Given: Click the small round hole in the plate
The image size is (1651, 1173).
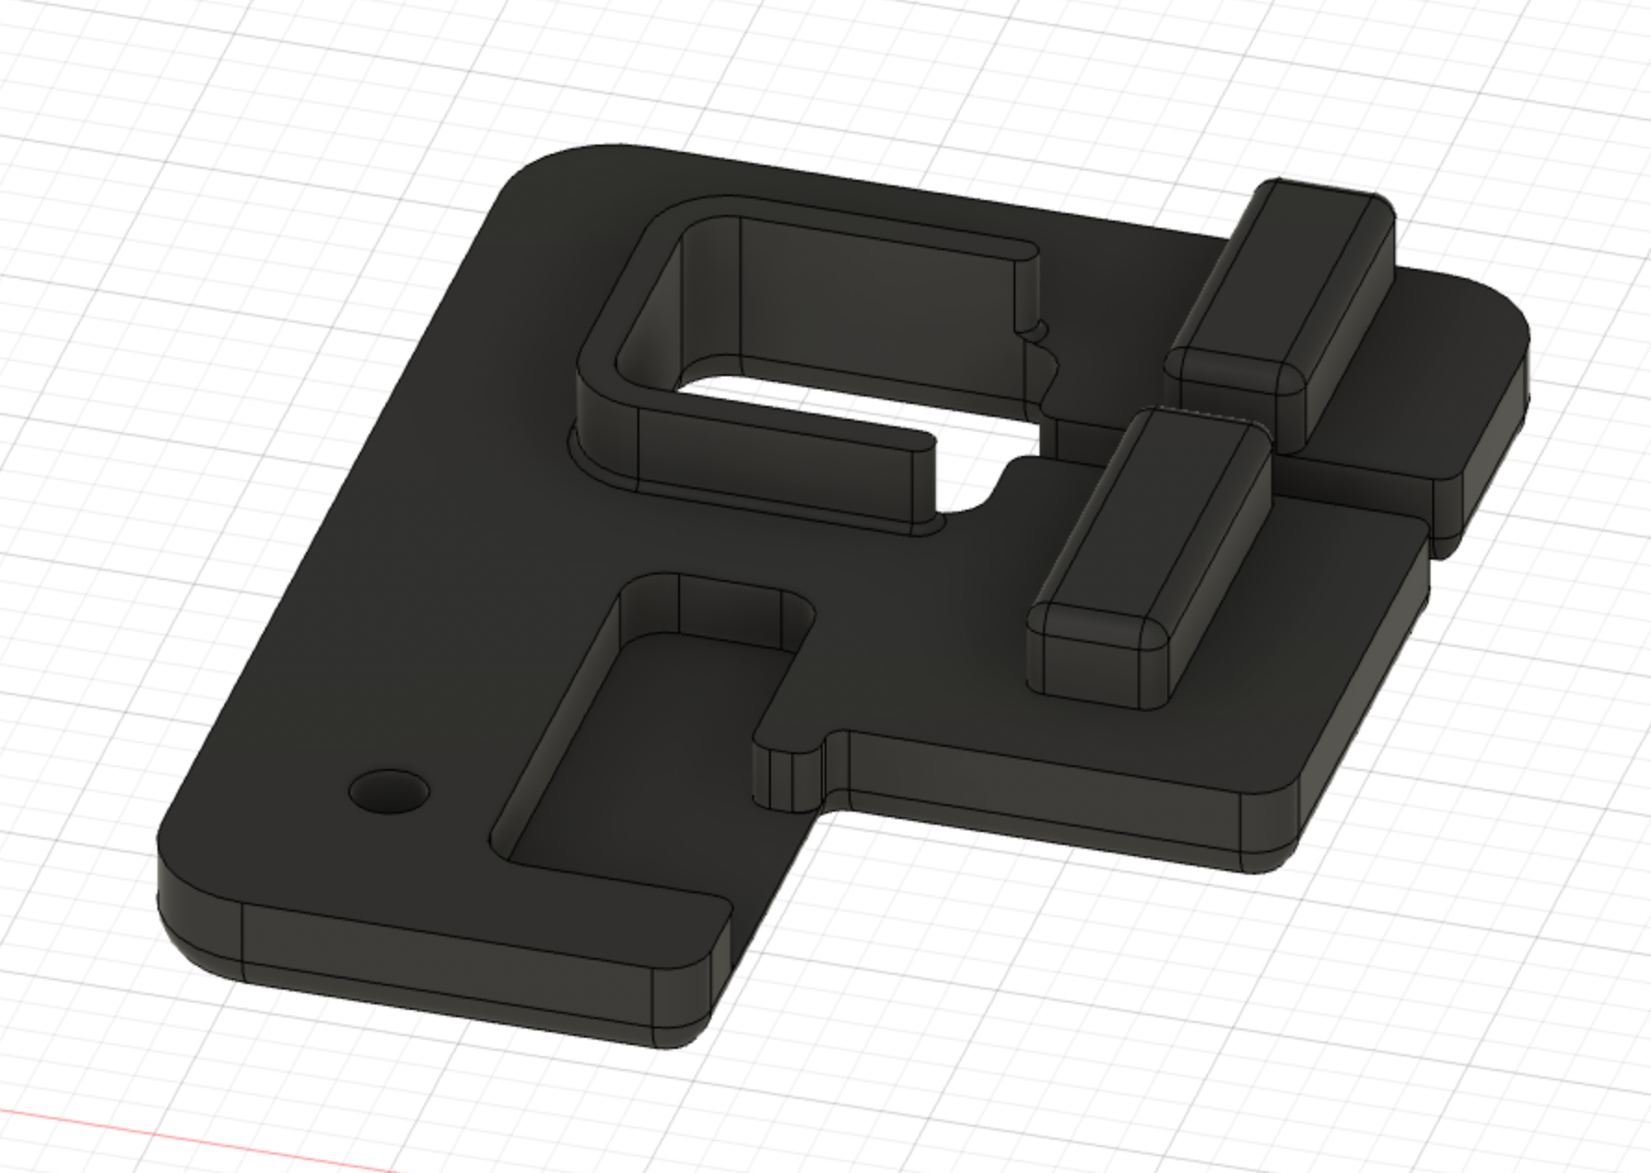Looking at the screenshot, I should click(x=389, y=792).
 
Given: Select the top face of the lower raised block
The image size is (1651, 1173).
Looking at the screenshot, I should click(x=1149, y=519).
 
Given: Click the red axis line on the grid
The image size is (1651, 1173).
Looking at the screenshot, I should click(x=185, y=1130).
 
